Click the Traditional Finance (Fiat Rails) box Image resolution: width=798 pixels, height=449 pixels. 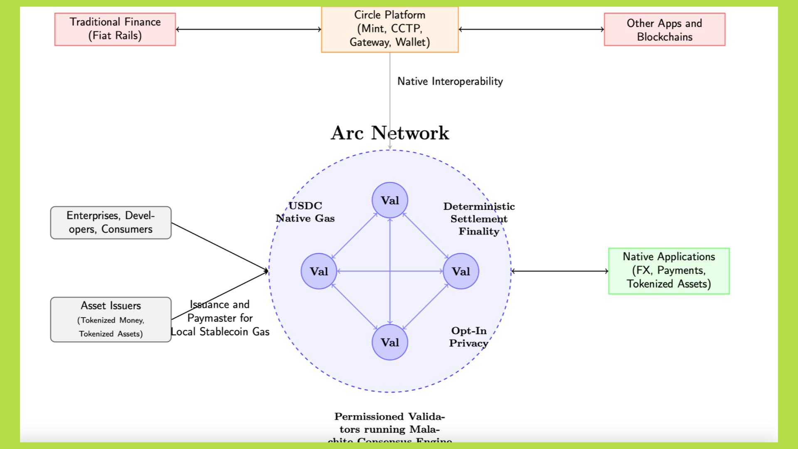115,29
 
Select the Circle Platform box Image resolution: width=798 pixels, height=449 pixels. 389,29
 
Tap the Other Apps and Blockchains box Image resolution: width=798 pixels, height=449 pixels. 664,30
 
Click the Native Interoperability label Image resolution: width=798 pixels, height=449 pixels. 450,81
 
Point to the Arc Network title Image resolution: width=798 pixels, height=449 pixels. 389,133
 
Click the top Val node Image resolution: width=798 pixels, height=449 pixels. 389,200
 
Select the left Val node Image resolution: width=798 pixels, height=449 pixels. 319,271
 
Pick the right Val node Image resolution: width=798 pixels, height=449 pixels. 461,271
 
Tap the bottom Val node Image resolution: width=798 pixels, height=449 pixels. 389,343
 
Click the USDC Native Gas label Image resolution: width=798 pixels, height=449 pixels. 305,212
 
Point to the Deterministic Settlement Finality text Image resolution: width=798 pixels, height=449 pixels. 479,219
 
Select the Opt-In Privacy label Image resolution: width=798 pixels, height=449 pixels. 468,337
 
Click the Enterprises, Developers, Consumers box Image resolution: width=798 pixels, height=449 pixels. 111,222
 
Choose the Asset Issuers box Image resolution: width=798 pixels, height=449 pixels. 111,319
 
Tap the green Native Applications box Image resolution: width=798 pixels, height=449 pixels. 668,271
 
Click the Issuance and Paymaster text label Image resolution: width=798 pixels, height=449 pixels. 220,318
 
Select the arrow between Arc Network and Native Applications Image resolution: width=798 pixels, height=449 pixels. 559,271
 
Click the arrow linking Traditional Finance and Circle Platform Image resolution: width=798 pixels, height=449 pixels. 248,29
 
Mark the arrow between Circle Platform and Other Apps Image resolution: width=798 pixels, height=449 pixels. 531,29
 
